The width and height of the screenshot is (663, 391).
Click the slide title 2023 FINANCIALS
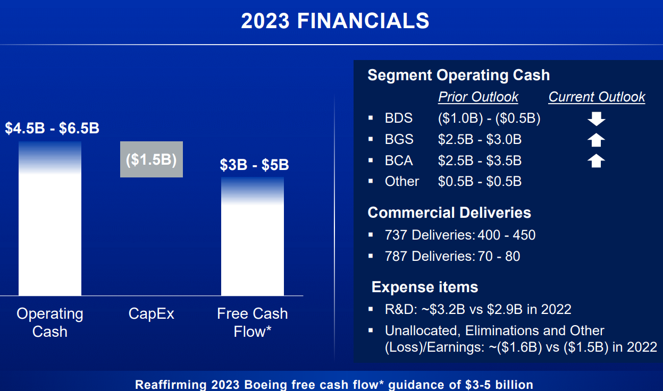(x=335, y=21)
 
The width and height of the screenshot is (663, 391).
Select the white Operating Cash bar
(x=50, y=218)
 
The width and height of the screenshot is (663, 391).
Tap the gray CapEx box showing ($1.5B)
(x=152, y=159)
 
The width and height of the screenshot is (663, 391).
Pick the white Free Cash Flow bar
(x=253, y=236)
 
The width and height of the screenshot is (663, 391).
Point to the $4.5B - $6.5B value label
(x=52, y=129)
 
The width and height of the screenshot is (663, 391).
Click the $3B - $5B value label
(x=254, y=165)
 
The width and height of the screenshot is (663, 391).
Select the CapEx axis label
(x=151, y=314)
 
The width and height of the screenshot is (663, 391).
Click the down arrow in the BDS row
(x=597, y=119)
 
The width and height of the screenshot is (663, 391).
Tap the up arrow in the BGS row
(x=596, y=140)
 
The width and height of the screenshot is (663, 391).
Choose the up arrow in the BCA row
(x=596, y=161)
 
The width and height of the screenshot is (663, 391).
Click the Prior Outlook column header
(x=479, y=97)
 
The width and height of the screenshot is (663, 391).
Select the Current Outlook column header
(x=597, y=97)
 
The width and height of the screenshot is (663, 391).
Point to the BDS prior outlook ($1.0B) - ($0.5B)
(x=489, y=118)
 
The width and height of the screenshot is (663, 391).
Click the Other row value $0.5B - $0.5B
(x=480, y=181)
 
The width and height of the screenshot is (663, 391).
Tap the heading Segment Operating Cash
(x=459, y=75)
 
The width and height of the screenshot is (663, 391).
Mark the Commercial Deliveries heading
(x=449, y=212)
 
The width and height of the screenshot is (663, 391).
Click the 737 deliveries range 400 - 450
(x=507, y=235)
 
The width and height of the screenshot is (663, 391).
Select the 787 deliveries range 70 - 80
(x=499, y=257)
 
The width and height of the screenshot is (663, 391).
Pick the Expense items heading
(x=425, y=287)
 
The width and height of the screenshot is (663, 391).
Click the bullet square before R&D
(x=371, y=309)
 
